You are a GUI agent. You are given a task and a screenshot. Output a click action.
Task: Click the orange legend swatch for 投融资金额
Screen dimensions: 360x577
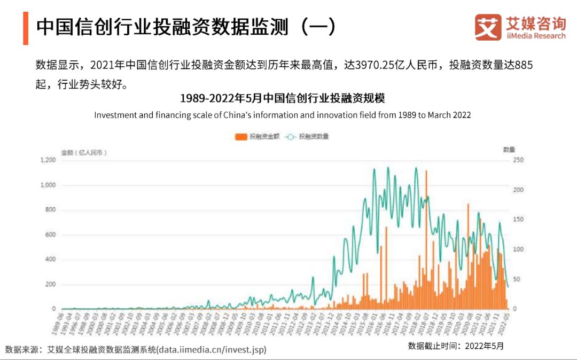241,137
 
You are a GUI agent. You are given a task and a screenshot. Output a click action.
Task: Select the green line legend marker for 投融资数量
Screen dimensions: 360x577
291,137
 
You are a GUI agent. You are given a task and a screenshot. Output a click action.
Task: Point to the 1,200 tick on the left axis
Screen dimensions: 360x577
48,160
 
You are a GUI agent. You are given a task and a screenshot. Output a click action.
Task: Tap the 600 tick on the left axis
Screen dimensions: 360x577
50,235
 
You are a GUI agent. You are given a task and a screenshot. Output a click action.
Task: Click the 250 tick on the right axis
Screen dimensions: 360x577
518,160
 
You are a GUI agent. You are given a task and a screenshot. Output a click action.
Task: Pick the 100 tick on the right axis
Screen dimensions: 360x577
518,249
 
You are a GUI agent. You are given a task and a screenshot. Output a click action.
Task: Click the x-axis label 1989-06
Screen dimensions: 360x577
58,324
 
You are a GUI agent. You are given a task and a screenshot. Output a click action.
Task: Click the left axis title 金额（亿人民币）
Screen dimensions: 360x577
84,152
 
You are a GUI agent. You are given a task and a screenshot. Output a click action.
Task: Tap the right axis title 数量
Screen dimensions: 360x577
509,150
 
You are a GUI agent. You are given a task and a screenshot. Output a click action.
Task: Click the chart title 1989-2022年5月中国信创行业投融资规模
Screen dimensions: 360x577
282,99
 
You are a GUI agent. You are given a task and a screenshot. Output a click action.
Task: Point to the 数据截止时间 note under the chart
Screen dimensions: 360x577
456,346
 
